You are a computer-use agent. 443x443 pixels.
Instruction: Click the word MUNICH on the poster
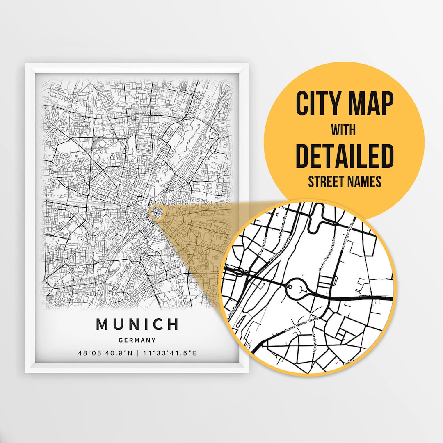coord(137,324)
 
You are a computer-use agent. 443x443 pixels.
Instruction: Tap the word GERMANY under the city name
coord(137,340)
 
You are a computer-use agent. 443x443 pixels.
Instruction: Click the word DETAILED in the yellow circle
coord(345,156)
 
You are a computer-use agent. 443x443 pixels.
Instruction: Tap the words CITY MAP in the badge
coord(345,104)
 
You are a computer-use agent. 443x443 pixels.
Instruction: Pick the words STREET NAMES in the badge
coord(345,182)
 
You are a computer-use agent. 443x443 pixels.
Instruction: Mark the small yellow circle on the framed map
coord(156,213)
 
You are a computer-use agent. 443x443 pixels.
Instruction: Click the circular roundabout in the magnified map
coord(296,289)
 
